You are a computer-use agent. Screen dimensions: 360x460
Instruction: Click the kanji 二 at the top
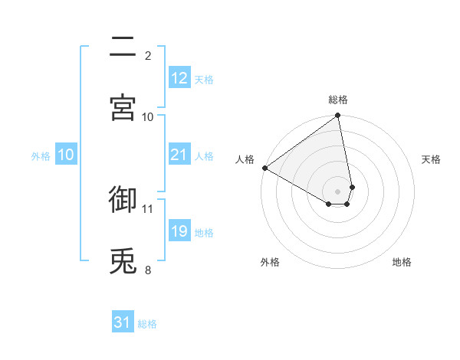[x=123, y=48]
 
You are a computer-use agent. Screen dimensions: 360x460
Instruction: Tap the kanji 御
[x=123, y=198]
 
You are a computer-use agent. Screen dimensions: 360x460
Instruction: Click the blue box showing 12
[x=179, y=78]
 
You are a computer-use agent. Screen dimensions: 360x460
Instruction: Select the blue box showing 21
[x=179, y=155]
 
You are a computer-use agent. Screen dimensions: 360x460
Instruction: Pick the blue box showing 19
[x=179, y=231]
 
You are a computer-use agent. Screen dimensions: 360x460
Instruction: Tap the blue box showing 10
[x=66, y=155]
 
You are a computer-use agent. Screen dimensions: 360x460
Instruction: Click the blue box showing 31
[x=123, y=322]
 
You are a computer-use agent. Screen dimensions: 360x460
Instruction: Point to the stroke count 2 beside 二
[x=148, y=55]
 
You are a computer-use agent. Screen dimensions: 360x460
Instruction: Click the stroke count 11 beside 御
[x=148, y=208]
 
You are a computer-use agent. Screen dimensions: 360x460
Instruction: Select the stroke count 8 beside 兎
[x=148, y=270]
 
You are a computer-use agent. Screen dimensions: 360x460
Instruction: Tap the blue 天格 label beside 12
[x=204, y=79]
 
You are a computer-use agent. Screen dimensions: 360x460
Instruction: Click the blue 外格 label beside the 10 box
[x=41, y=155]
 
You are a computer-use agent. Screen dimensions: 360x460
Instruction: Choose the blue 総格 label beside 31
[x=147, y=323]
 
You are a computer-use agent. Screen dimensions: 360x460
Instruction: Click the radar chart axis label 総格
[x=338, y=100]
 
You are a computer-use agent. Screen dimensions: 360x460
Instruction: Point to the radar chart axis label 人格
[x=245, y=159]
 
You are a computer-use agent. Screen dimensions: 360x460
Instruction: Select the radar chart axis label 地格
[x=402, y=262]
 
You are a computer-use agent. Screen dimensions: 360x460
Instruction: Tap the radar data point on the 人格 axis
[x=264, y=168]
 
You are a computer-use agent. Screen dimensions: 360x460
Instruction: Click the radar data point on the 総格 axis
[x=337, y=116]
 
